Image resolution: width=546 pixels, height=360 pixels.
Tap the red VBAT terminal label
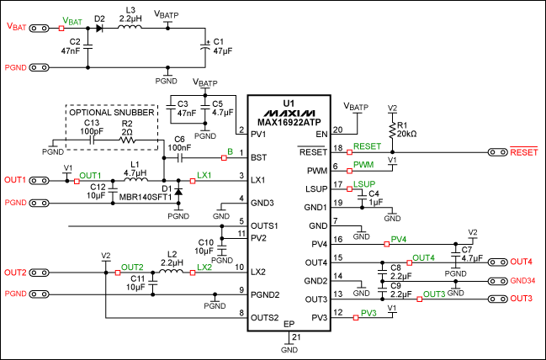coord(16,26)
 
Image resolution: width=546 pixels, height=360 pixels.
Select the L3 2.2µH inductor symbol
coord(129,28)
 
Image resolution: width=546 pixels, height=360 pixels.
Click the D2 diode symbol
coord(99,28)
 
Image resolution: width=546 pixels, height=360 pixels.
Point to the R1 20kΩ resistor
coord(392,130)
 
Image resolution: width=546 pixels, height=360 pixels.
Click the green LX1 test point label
coord(204,174)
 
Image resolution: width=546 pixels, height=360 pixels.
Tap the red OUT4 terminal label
coord(522,261)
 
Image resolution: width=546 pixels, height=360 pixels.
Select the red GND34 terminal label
coord(522,280)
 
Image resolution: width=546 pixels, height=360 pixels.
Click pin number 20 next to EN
coord(337,130)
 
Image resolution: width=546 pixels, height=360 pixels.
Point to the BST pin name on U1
coord(259,156)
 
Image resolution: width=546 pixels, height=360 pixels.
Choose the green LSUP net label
coord(365,183)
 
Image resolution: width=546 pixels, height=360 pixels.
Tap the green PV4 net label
coord(400,239)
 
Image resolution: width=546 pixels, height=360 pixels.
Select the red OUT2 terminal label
coord(15,273)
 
